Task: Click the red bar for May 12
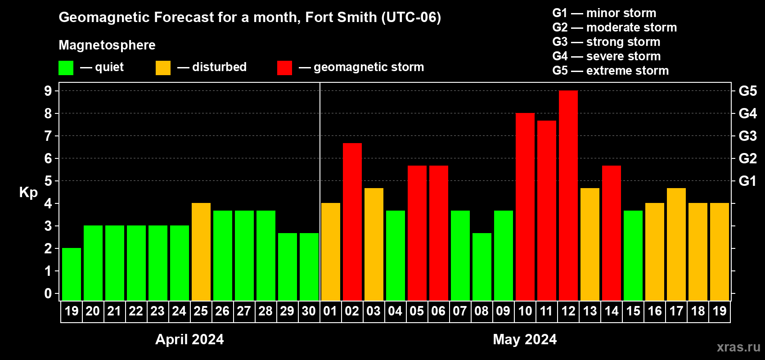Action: (568, 196)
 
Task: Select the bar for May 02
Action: (352, 222)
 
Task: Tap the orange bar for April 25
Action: (201, 252)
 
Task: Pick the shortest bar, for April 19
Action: (72, 274)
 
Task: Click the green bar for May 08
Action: (482, 267)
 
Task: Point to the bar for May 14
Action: (612, 233)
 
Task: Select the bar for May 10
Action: (525, 207)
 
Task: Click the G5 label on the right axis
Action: (747, 91)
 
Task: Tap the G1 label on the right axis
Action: (747, 181)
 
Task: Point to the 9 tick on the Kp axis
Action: (48, 91)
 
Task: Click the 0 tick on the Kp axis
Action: (48, 294)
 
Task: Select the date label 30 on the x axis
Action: (309, 311)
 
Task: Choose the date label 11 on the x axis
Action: (546, 311)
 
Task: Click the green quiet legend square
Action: (66, 68)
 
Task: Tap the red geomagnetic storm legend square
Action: (284, 68)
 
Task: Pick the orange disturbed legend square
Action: (163, 68)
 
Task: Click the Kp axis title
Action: (28, 193)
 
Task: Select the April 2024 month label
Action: (189, 339)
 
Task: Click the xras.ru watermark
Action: (738, 347)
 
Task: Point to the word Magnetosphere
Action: (107, 45)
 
